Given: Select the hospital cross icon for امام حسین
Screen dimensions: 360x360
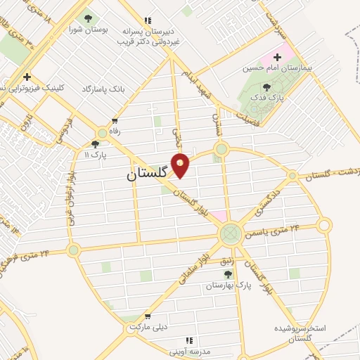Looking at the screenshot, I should pyautogui.click(x=277, y=56).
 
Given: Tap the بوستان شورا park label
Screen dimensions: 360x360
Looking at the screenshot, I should pyautogui.click(x=87, y=30).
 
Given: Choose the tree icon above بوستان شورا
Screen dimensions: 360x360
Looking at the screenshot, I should pyautogui.click(x=87, y=18).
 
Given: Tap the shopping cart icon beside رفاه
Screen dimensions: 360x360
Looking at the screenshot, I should pyautogui.click(x=114, y=121).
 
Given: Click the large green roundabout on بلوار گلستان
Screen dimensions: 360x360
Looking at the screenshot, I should pyautogui.click(x=230, y=233).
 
